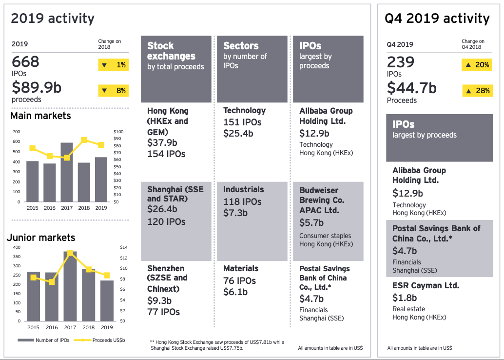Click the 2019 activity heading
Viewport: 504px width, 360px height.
53,19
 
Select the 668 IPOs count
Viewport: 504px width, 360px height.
26,62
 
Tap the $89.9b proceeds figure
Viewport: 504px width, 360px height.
37,88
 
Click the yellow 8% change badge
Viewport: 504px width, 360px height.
113,90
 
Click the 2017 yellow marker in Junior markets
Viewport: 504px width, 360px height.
70,253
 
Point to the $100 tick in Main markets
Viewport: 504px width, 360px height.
118,132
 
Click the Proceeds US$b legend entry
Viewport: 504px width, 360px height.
105,340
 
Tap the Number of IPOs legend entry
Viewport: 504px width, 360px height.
49,340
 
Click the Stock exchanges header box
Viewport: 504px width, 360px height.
176,69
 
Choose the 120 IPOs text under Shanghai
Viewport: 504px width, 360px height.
166,221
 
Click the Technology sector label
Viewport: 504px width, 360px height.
244,111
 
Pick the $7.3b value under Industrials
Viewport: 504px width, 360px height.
235,213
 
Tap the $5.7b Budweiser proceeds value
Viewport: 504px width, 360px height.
311,222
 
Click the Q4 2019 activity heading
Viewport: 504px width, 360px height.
437,19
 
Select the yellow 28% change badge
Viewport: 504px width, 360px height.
477,91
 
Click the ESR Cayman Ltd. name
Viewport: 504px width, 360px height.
426,286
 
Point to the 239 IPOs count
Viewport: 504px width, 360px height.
401,62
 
